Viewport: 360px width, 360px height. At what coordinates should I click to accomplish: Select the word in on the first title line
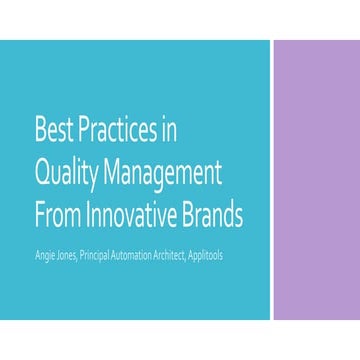tap(173, 131)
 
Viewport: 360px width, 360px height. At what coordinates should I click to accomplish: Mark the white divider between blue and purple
tap(272, 180)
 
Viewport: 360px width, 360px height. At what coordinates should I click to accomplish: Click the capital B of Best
tap(39, 131)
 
